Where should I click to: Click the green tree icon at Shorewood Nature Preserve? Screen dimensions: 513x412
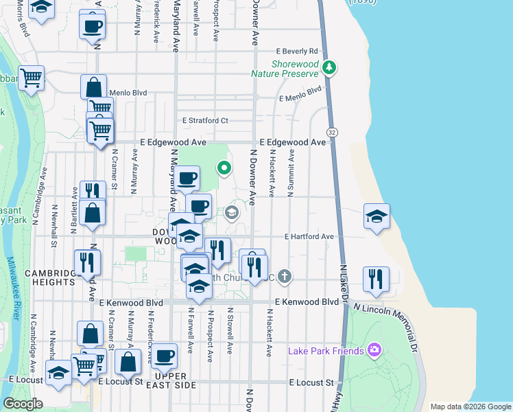[x=331, y=67]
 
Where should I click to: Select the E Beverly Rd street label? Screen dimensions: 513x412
[x=297, y=51]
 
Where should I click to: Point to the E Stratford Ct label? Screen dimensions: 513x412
[x=205, y=121]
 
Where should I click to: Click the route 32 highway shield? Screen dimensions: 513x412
[x=332, y=132]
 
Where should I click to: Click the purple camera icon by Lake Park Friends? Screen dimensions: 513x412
[x=374, y=350]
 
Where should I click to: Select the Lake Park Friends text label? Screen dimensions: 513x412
[x=325, y=351]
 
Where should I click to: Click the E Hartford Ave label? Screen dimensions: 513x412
[x=309, y=237]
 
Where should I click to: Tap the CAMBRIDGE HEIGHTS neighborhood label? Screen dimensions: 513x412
[x=49, y=279]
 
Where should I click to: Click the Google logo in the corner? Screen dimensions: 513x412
[x=23, y=404]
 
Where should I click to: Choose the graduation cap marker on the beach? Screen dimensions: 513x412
[x=377, y=216]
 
